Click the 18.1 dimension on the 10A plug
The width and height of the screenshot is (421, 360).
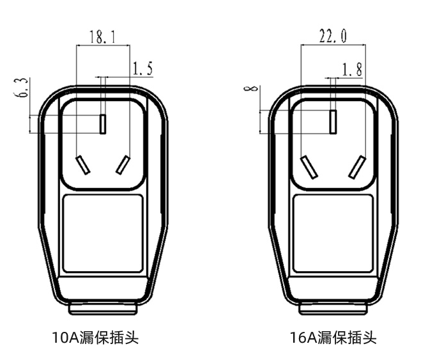[102, 38]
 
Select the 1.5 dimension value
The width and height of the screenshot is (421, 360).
[142, 69]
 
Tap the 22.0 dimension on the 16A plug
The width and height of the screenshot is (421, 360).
[333, 37]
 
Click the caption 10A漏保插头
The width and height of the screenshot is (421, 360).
[95, 337]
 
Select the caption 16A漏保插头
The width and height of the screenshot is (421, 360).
[333, 337]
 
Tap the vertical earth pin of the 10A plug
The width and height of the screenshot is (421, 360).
[102, 123]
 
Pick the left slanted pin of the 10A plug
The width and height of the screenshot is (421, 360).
[81, 165]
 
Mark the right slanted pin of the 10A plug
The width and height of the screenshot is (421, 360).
[124, 165]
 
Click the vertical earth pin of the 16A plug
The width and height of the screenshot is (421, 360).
[332, 121]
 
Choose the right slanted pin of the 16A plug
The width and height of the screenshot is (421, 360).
[356, 168]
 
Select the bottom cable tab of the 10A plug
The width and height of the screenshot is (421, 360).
[102, 309]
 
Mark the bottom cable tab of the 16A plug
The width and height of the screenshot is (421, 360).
[333, 309]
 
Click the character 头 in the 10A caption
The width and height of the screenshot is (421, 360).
[132, 337]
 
